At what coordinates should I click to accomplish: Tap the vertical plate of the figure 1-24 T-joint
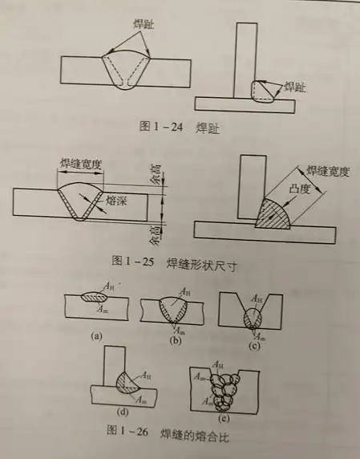245,52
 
